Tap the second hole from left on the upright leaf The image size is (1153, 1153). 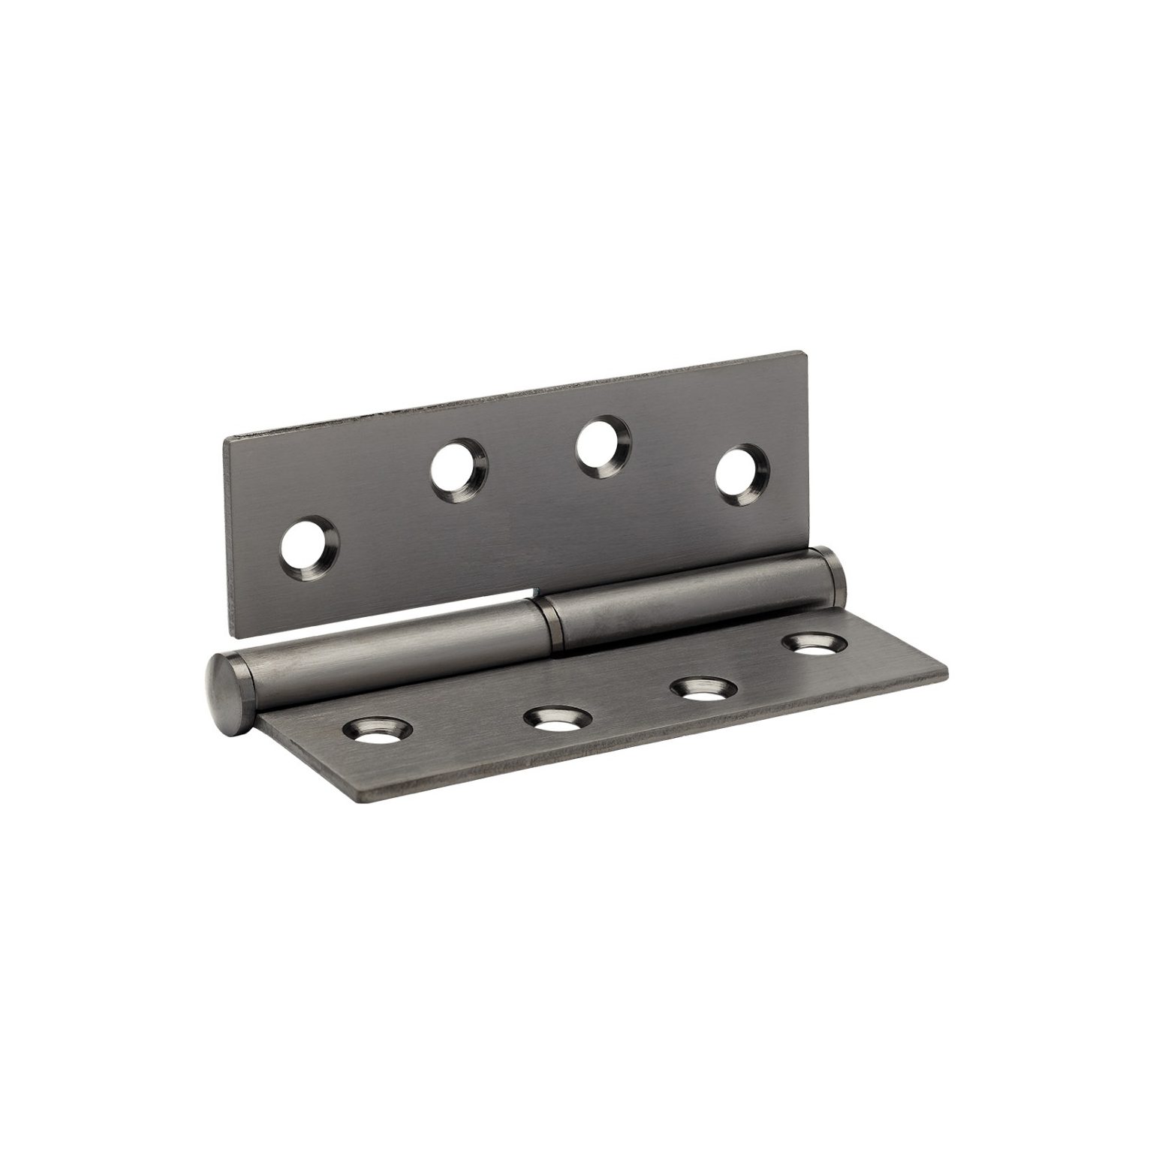point(458,471)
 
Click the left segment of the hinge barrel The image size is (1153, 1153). point(390,652)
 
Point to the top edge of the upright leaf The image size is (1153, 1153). point(518,396)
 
